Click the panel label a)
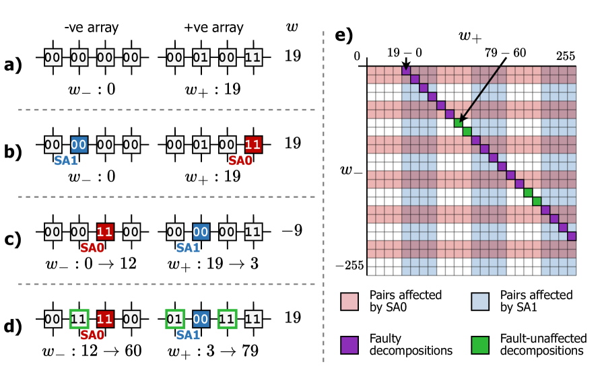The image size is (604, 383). (13, 65)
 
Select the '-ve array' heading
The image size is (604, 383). (90, 28)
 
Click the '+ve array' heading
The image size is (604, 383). (213, 28)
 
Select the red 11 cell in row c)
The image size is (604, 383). (106, 231)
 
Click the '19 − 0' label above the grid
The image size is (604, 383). (403, 53)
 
